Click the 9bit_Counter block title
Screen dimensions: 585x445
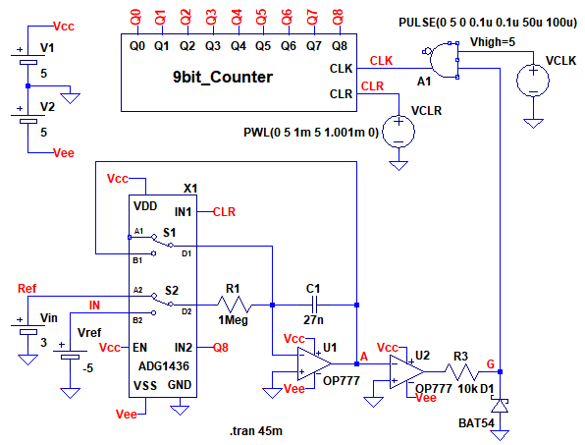pyautogui.click(x=223, y=77)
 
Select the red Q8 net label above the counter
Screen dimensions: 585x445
pyautogui.click(x=338, y=18)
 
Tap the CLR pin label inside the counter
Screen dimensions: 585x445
pyautogui.click(x=341, y=93)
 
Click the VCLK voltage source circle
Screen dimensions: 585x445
pyautogui.click(x=533, y=80)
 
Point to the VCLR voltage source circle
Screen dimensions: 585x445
pyautogui.click(x=399, y=132)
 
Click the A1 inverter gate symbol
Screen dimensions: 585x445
pyautogui.click(x=441, y=60)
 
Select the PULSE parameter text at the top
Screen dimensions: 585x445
pyautogui.click(x=488, y=23)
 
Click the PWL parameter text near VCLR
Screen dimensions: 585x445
pyautogui.click(x=311, y=133)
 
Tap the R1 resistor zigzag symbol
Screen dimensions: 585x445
pyautogui.click(x=235, y=305)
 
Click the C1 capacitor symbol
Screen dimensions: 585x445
pyautogui.click(x=314, y=305)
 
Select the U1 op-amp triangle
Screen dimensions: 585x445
pyautogui.click(x=314, y=363)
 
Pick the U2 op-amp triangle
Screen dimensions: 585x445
pyautogui.click(x=407, y=371)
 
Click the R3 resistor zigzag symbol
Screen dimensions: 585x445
pyautogui.click(x=461, y=372)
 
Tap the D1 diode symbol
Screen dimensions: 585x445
pyautogui.click(x=500, y=406)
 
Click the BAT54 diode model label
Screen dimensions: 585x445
pyautogui.click(x=476, y=423)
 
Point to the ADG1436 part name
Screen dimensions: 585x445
pyautogui.click(x=164, y=365)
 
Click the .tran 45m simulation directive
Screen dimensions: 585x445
pyautogui.click(x=256, y=431)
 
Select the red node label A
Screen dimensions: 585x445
pyautogui.click(x=364, y=357)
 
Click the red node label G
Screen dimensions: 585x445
pyautogui.click(x=491, y=364)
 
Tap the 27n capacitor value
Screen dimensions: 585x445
pyautogui.click(x=313, y=320)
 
